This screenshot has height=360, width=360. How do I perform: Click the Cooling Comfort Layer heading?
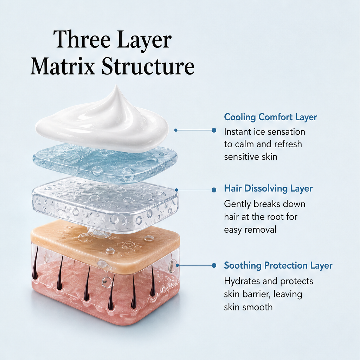point(270,117)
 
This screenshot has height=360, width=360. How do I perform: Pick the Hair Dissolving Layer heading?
point(268,188)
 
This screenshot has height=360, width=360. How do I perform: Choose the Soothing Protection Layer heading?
point(278,265)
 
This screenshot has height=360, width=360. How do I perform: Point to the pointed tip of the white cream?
point(116,86)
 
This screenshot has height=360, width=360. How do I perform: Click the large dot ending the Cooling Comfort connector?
point(214,130)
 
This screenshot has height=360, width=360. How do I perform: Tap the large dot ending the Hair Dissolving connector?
point(214,190)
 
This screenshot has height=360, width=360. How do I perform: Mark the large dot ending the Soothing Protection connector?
point(214,265)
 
